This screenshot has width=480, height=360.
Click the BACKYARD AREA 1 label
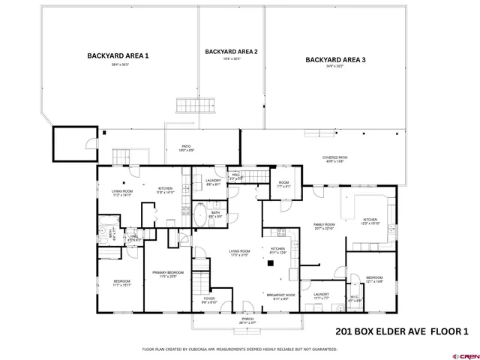(x=118, y=55)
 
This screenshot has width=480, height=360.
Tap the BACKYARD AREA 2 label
(x=231, y=52)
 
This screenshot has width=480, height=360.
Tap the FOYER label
(x=208, y=298)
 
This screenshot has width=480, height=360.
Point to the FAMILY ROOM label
(x=323, y=224)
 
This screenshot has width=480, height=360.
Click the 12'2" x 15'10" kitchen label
(x=371, y=220)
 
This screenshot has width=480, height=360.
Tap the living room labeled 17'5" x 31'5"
(x=238, y=252)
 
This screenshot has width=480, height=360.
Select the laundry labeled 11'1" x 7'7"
(x=321, y=295)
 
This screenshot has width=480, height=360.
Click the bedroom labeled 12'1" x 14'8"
(x=374, y=277)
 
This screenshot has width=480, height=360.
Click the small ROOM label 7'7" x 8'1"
(x=283, y=183)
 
